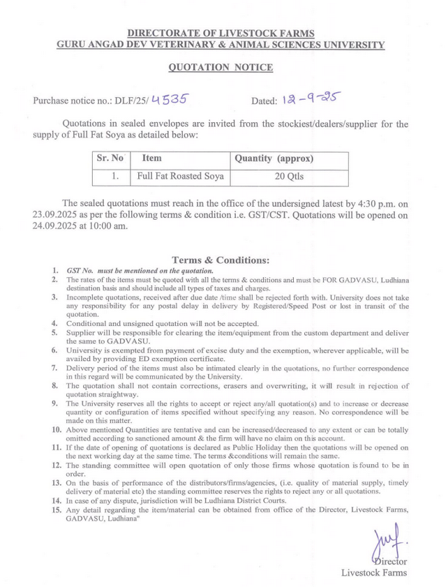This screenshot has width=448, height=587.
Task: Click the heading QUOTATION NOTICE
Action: click(221, 68)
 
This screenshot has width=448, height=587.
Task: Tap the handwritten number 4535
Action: click(168, 99)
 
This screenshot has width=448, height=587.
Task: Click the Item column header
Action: click(152, 158)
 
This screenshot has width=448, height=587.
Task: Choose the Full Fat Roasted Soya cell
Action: click(181, 177)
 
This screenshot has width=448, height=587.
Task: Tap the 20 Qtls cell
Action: click(289, 177)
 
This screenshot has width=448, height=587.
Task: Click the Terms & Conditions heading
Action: click(221, 260)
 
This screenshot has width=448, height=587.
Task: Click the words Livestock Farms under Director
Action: click(374, 573)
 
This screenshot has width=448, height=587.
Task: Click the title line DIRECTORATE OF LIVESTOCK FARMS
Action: click(221, 33)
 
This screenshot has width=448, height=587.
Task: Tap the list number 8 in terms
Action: click(56, 385)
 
